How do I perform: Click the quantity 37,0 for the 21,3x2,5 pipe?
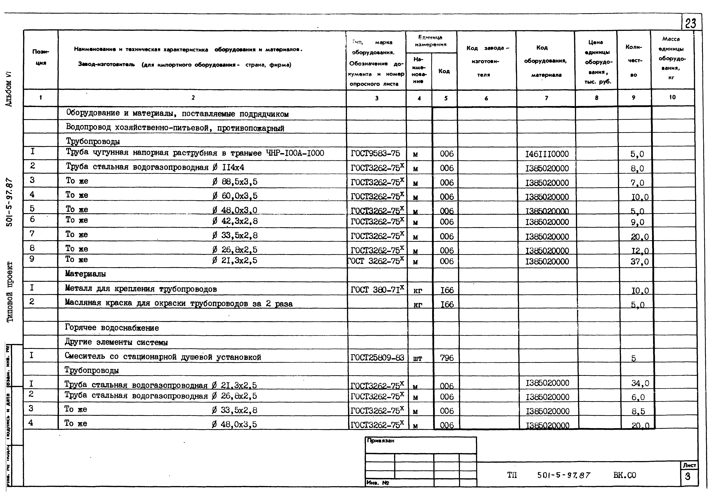point(639,262)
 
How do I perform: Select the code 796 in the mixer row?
point(447,358)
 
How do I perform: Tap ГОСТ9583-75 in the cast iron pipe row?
point(375,153)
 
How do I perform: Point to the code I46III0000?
point(547,154)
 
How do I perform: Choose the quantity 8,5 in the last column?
point(638,411)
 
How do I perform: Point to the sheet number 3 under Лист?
point(687,476)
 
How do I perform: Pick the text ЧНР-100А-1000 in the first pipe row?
point(295,153)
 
